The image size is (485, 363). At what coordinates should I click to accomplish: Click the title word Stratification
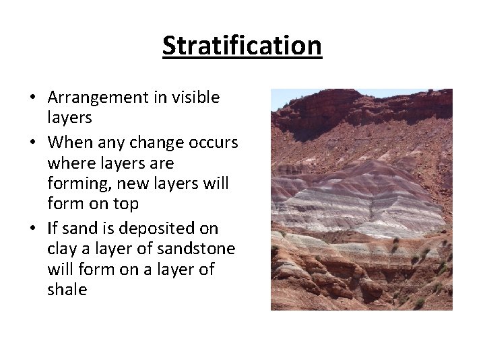(x=242, y=46)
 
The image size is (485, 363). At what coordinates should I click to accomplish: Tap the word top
(x=124, y=204)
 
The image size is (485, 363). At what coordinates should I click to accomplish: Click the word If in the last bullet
(x=53, y=229)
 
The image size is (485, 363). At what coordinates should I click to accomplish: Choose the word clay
(x=62, y=249)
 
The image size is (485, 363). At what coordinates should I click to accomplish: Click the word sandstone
(x=198, y=249)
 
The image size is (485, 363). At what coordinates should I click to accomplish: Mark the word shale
(x=67, y=290)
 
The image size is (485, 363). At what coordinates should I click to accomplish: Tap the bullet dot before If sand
(x=32, y=229)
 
